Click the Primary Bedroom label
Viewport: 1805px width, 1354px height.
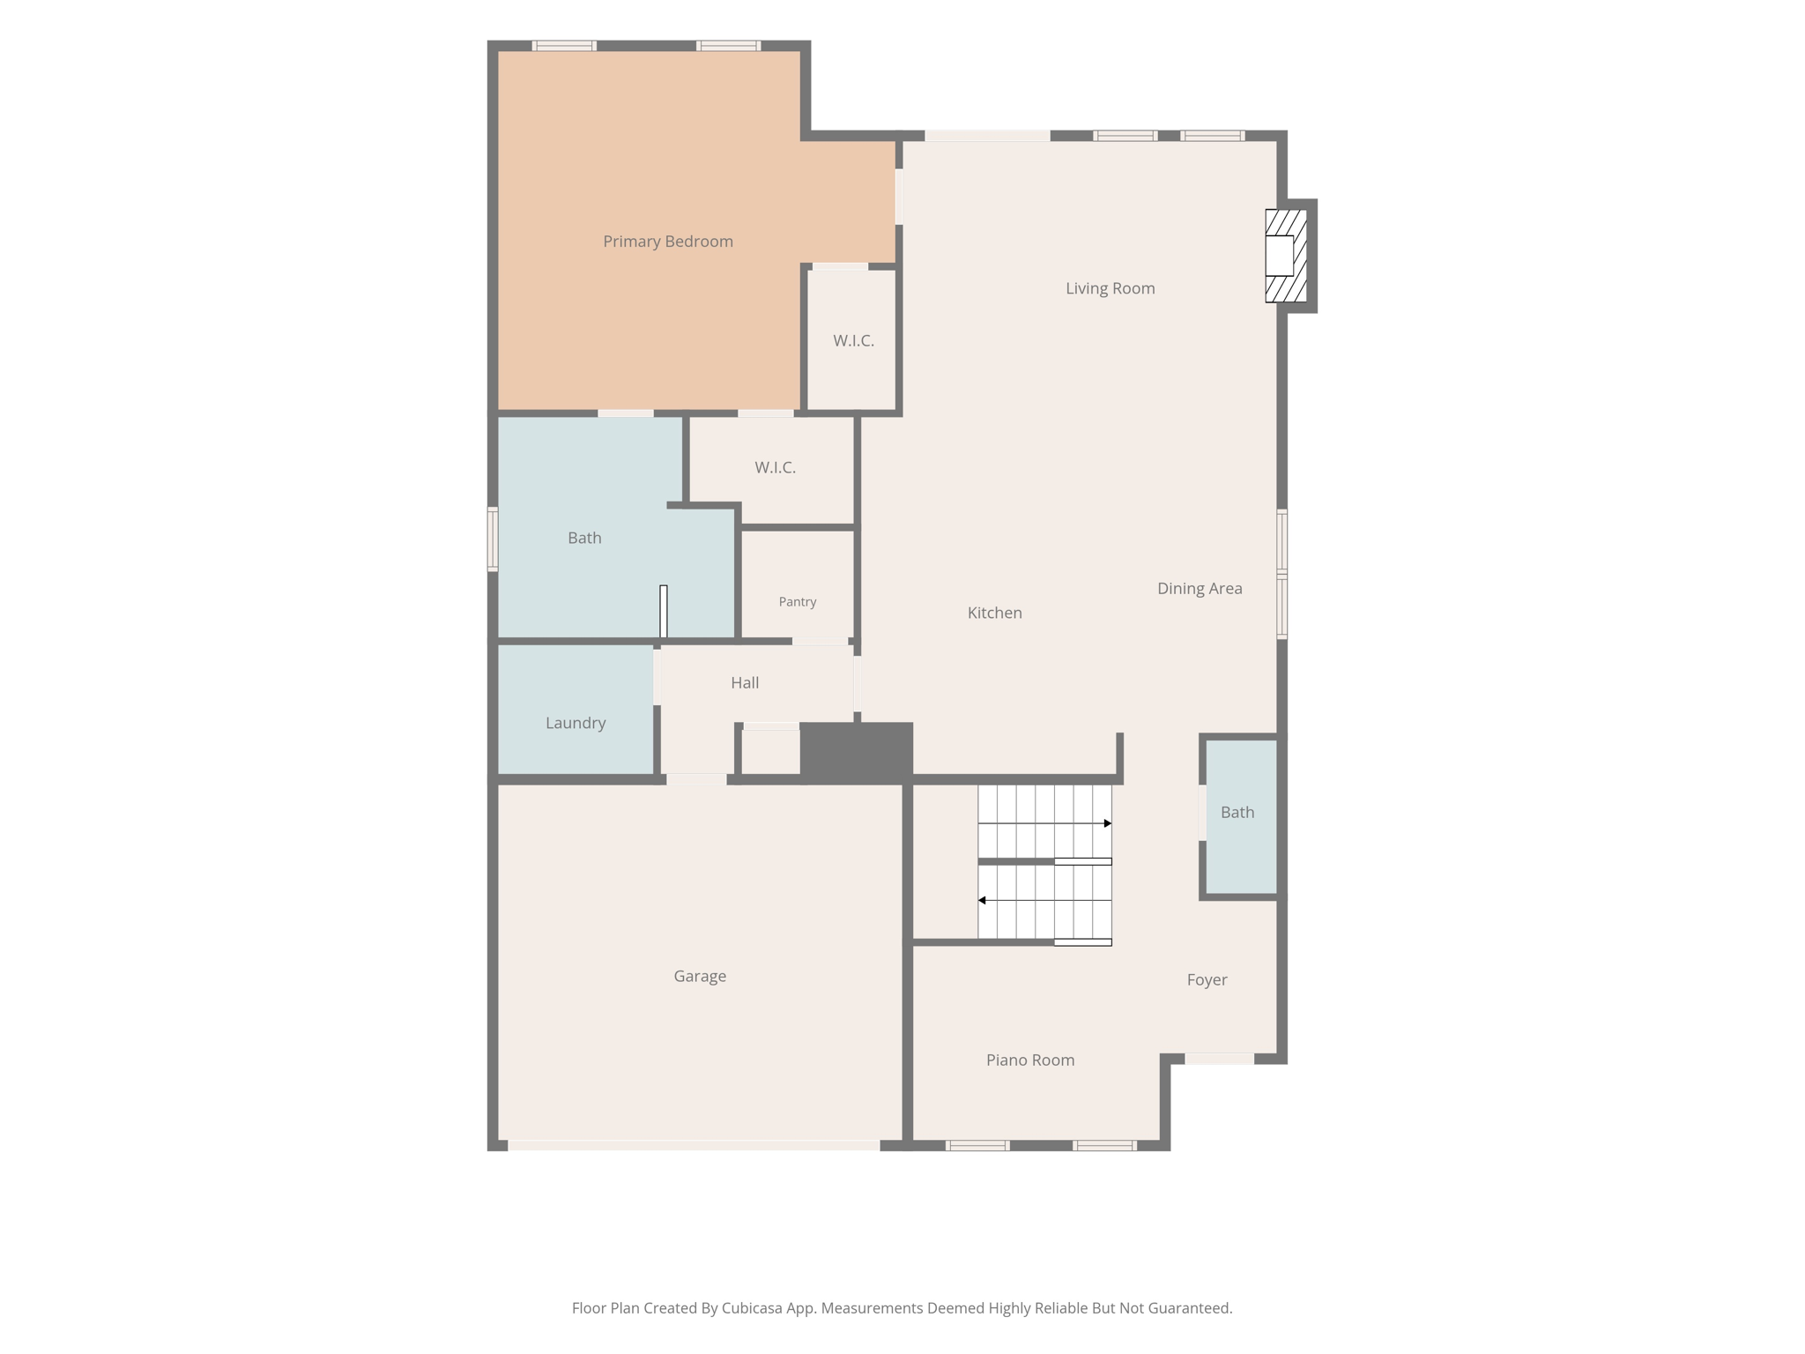tap(668, 242)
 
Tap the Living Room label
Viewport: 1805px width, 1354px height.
tap(1110, 288)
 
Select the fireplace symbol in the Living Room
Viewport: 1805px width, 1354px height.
tap(1286, 256)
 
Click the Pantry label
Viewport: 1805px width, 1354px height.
tap(798, 602)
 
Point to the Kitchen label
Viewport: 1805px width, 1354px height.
tap(994, 613)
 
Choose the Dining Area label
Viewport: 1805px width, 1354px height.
tap(1200, 588)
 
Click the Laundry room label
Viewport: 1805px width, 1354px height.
tap(576, 723)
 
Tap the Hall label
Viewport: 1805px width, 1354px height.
tap(745, 682)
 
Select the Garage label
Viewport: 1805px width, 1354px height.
tap(700, 976)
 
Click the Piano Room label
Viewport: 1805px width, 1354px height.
tap(1030, 1060)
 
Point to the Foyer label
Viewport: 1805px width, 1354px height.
tap(1207, 979)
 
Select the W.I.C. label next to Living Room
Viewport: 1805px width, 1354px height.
tap(853, 340)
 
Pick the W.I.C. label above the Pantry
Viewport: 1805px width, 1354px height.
tap(775, 467)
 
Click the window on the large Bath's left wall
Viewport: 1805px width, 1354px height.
tap(493, 539)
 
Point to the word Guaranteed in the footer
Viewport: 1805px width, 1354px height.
tap(1187, 1308)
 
